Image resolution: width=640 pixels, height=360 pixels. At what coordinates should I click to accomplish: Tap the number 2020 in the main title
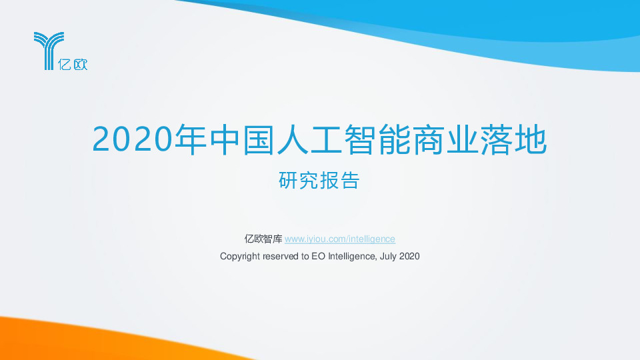pos(131,139)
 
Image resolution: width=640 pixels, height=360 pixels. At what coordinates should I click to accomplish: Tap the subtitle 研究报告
pos(319,181)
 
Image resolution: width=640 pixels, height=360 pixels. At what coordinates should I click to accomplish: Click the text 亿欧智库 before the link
pos(263,239)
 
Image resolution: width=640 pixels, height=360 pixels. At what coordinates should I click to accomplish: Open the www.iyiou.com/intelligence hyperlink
pos(340,239)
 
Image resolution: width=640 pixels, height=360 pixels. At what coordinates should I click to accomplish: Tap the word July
pos(388,256)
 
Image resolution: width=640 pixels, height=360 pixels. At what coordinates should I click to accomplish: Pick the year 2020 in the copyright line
pos(409,256)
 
